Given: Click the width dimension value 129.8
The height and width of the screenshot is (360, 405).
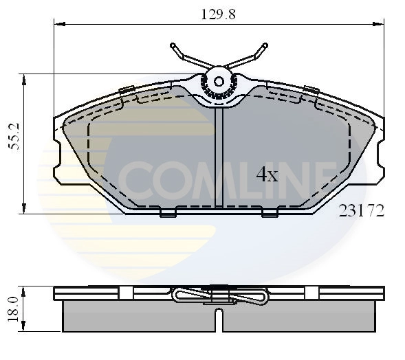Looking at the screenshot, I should pos(217,13).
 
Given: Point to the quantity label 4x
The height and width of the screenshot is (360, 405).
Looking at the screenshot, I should pos(267,175).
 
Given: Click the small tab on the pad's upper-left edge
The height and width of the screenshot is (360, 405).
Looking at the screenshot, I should pos(127,89).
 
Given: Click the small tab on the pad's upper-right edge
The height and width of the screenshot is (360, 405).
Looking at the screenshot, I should pos(311,89).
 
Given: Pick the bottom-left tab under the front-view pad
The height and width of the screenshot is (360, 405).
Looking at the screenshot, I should pos(168,214).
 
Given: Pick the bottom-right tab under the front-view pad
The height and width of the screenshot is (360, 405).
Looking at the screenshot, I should pos(270,214).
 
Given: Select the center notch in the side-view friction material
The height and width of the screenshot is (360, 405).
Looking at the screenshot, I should pos(219,319).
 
